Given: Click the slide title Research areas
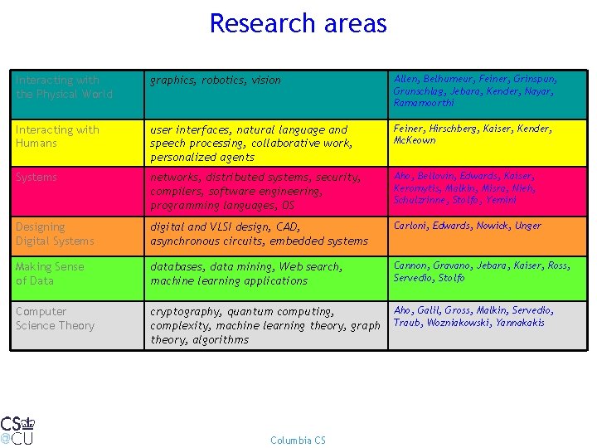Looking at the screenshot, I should click(298, 23).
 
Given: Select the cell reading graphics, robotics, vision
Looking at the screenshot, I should click(216, 80).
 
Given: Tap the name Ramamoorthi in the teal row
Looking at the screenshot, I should click(424, 102).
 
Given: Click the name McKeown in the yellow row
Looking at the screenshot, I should click(415, 140).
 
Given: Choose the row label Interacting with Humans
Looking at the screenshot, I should click(56, 136).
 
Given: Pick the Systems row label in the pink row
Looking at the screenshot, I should click(36, 178).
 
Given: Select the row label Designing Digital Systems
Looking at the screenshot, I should click(55, 234).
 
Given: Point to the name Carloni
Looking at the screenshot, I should click(410, 226).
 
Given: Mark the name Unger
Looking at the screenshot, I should click(527, 226).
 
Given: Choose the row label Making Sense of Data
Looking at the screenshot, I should click(50, 274).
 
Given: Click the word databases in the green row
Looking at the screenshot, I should click(177, 267).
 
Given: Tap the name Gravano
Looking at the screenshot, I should click(453, 265).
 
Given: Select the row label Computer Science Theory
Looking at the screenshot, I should click(55, 319).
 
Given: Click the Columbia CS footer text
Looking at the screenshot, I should click(298, 440).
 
